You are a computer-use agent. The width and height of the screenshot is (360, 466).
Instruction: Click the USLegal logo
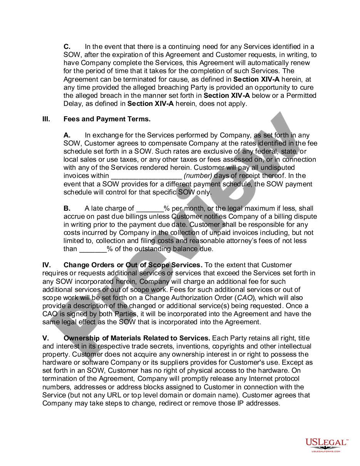coord(327,445)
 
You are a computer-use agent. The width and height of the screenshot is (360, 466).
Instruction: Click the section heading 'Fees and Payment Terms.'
coord(107,119)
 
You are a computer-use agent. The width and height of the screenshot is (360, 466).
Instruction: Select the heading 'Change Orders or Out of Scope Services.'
coord(133,265)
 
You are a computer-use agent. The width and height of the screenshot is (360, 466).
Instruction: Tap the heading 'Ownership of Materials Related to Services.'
coord(137,338)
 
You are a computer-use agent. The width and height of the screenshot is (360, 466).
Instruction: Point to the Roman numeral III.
coord(46,119)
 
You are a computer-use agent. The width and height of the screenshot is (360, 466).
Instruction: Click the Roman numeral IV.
coord(46,265)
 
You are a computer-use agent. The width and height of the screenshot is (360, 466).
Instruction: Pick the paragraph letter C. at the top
coord(67,47)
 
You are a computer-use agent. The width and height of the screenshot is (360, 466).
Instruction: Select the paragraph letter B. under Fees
coord(67,208)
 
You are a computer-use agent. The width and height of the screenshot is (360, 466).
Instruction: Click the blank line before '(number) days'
coord(146,176)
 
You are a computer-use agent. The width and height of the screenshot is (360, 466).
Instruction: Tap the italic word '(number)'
coord(198,176)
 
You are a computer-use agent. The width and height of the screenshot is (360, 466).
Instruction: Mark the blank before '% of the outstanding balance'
coord(93,249)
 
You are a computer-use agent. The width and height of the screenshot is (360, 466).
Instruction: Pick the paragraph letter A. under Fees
coord(67,135)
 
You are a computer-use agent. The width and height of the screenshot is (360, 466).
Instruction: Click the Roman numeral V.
coord(45,338)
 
